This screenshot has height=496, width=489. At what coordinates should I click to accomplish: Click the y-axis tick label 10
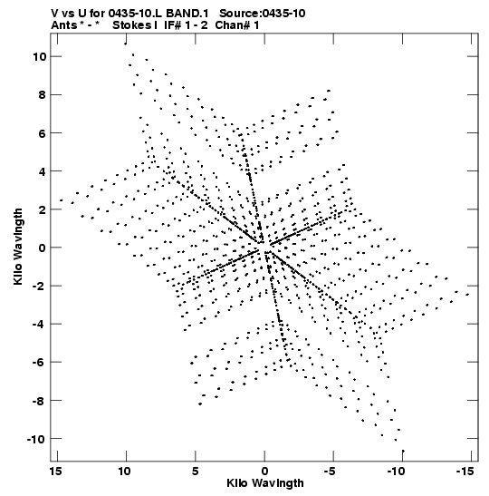39,57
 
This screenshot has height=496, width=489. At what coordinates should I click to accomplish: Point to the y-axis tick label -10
36,439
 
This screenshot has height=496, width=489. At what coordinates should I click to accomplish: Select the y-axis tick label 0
43,248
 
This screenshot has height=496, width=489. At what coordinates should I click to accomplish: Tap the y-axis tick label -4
39,325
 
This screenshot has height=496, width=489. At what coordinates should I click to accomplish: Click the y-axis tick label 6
43,133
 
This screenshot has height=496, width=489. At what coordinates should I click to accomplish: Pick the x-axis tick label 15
57,472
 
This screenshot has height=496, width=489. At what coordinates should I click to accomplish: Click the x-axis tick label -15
465,472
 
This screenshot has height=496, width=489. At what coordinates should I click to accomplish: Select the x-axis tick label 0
264,472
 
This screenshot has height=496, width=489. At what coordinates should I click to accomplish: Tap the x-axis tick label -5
330,472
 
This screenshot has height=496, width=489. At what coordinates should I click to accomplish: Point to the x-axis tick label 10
125,472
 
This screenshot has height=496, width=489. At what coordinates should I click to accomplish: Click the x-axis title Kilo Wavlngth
265,483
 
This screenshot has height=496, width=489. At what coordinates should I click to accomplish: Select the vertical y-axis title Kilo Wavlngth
18,247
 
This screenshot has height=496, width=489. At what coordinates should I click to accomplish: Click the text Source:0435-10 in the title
263,14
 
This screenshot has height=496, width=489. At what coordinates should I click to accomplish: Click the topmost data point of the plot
125,44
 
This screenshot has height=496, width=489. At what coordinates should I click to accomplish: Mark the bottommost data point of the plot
403,451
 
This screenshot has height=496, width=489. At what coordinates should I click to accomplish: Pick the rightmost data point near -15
467,295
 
